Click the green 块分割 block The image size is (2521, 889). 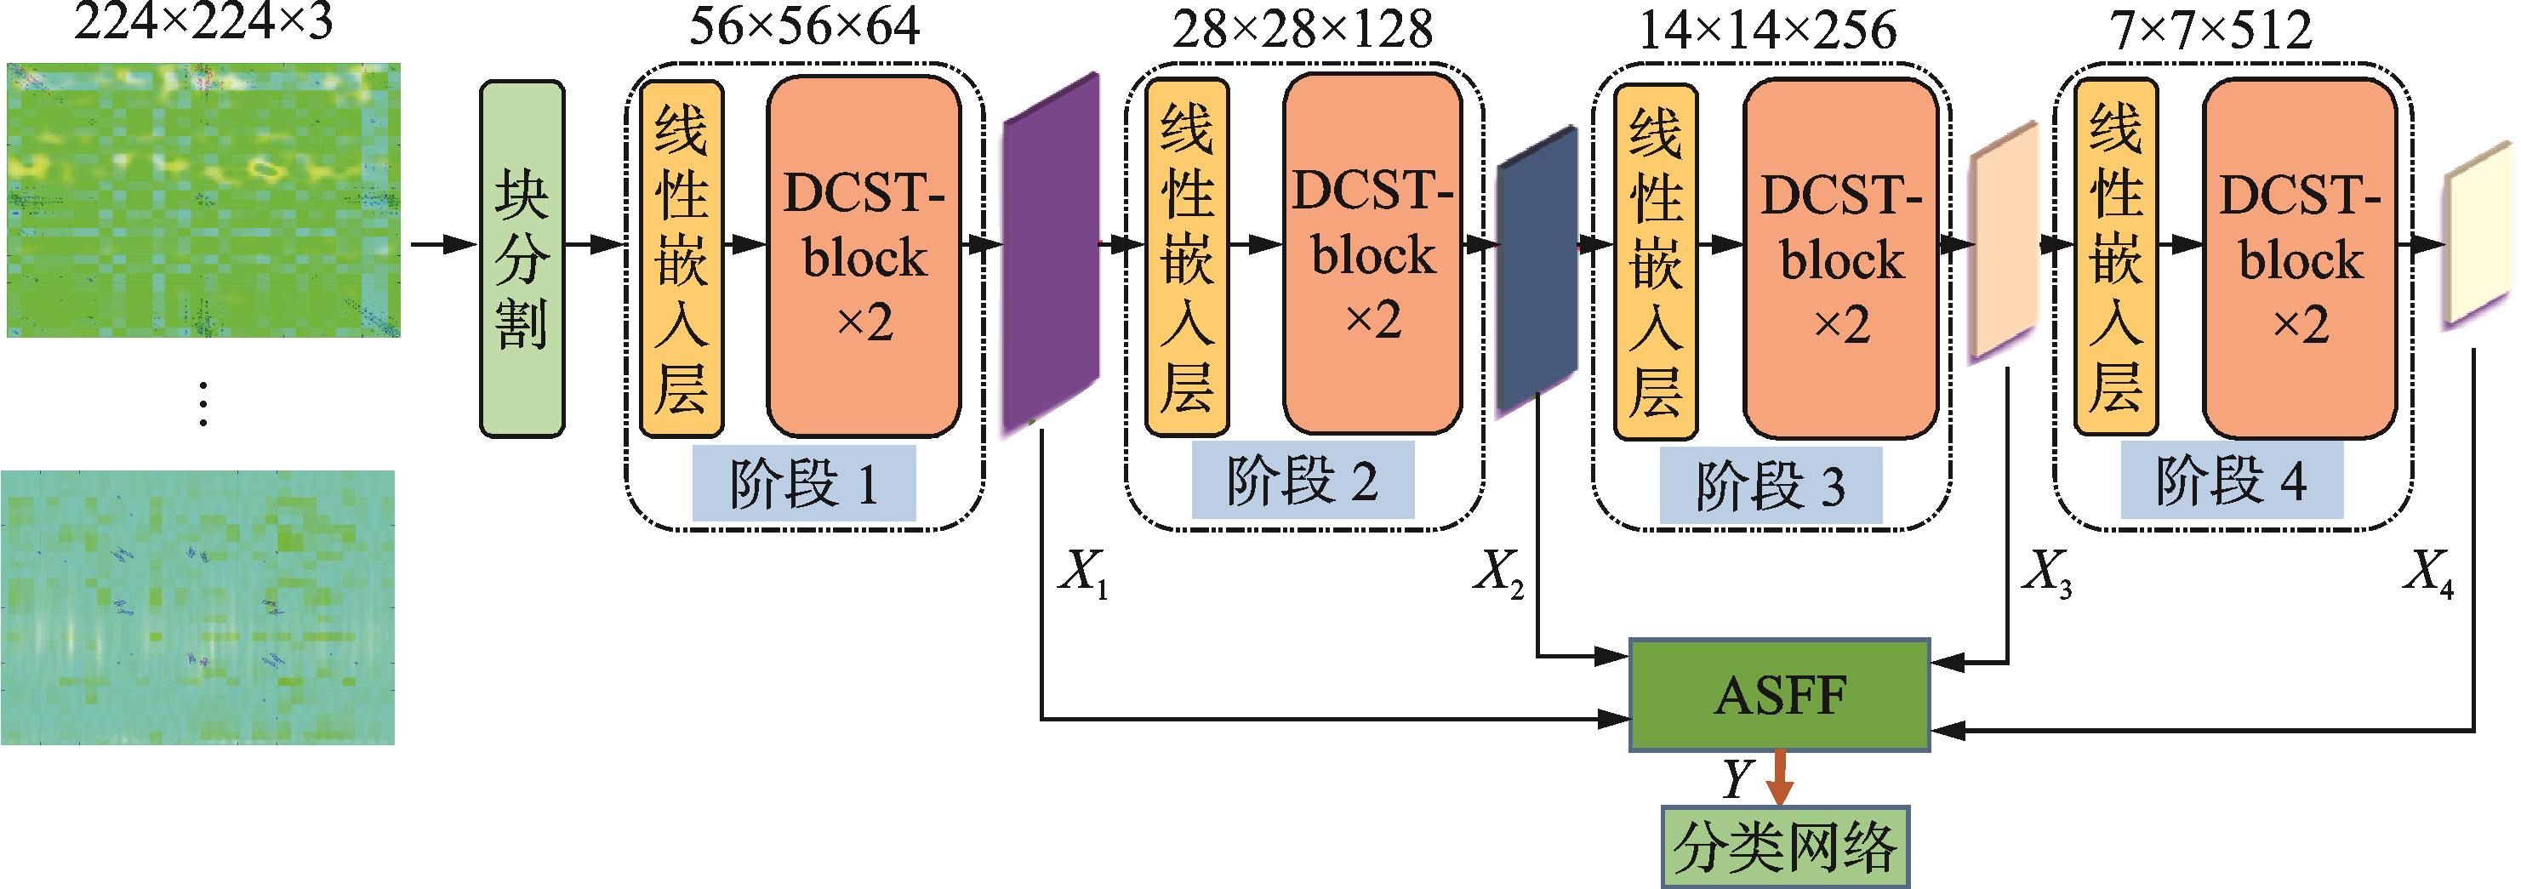[522, 259]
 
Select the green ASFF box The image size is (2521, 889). [1778, 695]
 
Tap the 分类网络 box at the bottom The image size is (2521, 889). [1785, 846]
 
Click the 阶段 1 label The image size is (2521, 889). [803, 483]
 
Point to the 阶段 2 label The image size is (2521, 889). [1302, 479]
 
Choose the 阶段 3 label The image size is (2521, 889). [1770, 484]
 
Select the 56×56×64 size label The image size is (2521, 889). [804, 29]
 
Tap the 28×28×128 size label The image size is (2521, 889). [1302, 29]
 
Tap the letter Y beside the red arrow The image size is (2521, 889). [1737, 779]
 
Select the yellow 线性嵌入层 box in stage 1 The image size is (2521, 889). [682, 258]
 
